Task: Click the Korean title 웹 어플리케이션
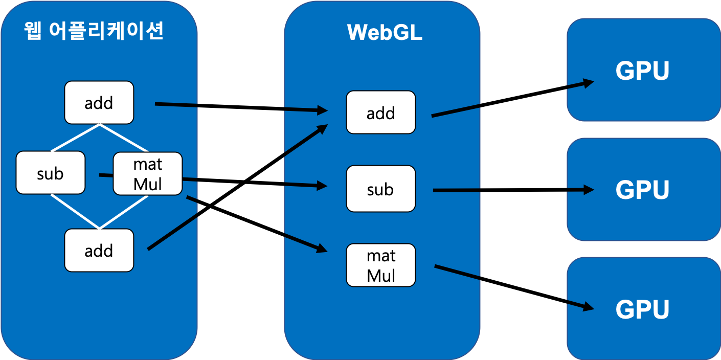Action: pyautogui.click(x=94, y=32)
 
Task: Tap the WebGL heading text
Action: pyautogui.click(x=385, y=32)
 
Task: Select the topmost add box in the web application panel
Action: pyautogui.click(x=99, y=102)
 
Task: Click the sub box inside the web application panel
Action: pyautogui.click(x=50, y=173)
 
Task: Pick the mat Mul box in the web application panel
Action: pyautogui.click(x=147, y=174)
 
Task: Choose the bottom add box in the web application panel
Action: pyautogui.click(x=99, y=250)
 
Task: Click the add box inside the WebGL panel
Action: pyautogui.click(x=380, y=112)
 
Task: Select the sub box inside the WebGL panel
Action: pyautogui.click(x=380, y=189)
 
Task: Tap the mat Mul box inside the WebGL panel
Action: pyautogui.click(x=380, y=265)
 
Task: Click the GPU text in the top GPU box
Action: pyautogui.click(x=642, y=71)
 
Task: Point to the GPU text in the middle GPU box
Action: pyautogui.click(x=642, y=190)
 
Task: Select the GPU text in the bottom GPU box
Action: pyautogui.click(x=642, y=309)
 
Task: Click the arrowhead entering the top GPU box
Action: pyautogui.click(x=589, y=83)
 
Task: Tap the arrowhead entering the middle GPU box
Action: pyautogui.click(x=589, y=190)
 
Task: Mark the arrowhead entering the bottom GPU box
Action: pyautogui.click(x=589, y=307)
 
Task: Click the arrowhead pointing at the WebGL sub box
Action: pyautogui.click(x=322, y=186)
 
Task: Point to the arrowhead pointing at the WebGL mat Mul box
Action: pyautogui.click(x=322, y=249)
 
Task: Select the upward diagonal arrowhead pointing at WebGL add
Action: pyautogui.click(x=322, y=127)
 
